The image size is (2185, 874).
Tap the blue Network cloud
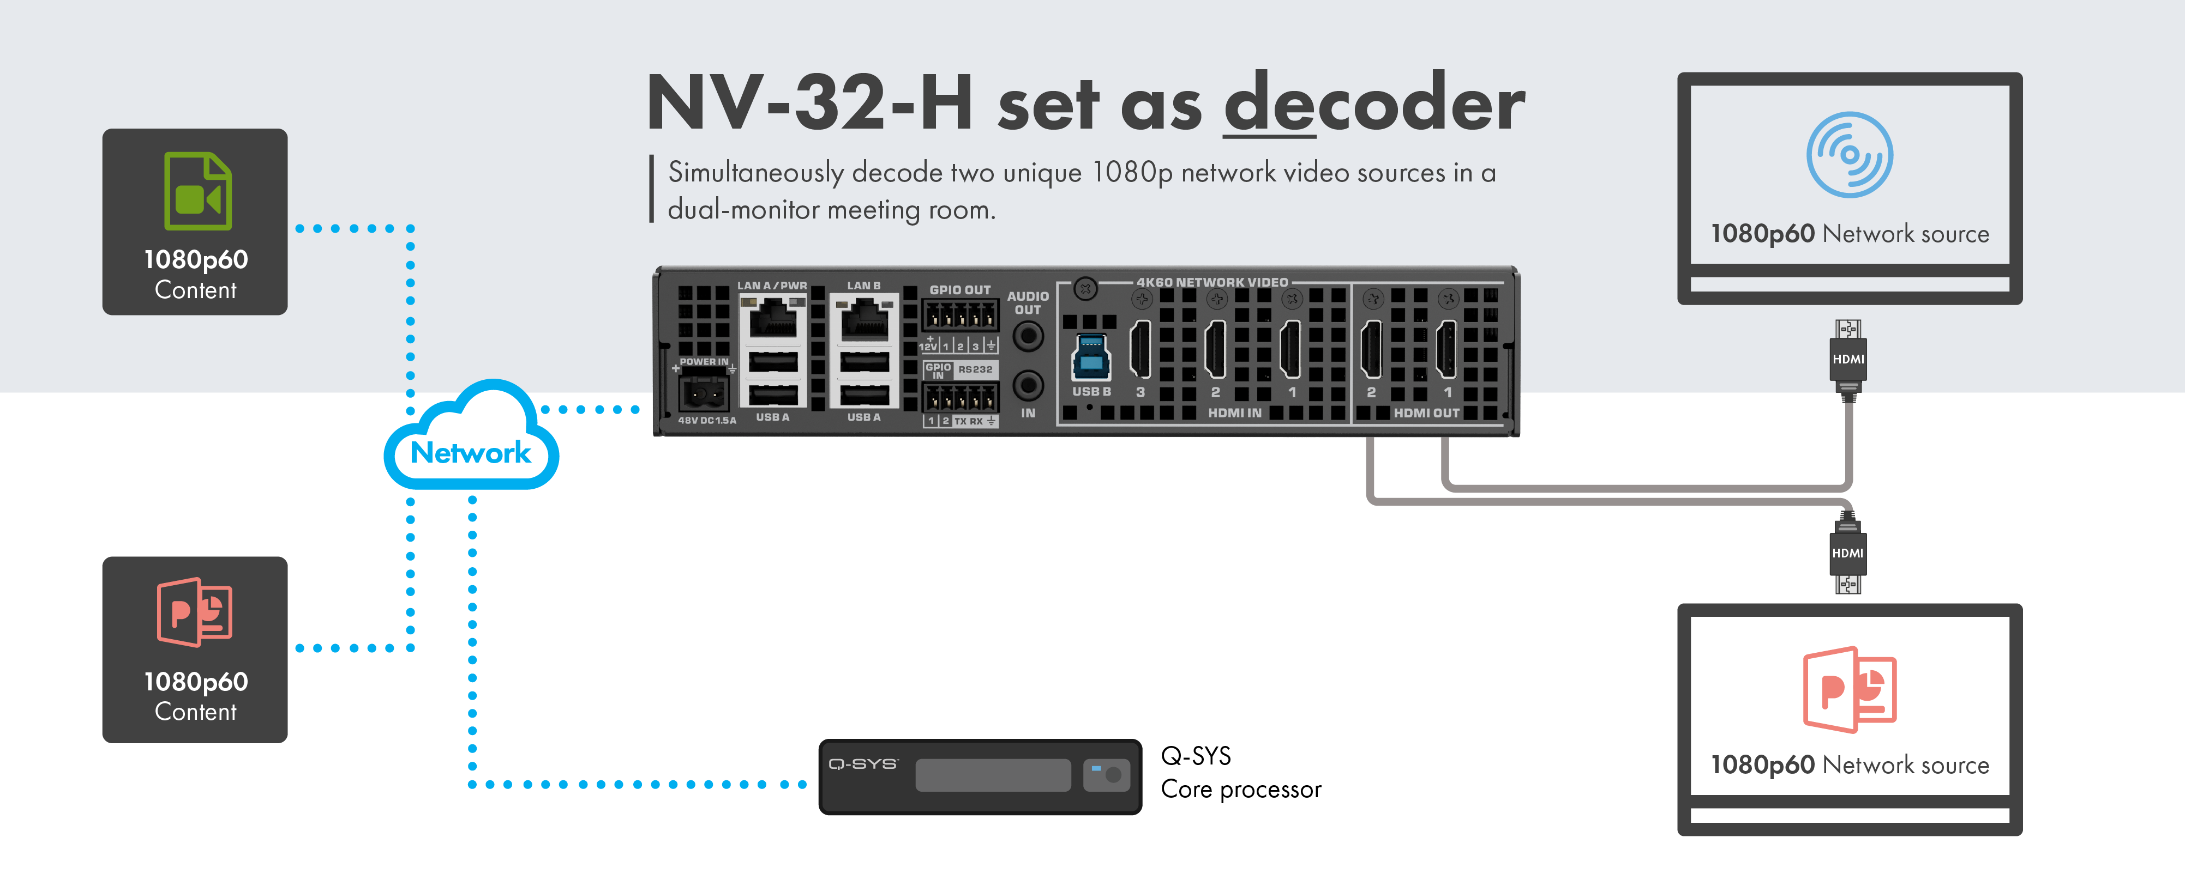pyautogui.click(x=471, y=441)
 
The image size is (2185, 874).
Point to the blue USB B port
pyautogui.click(x=1091, y=355)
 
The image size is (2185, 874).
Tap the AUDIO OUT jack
pyautogui.click(x=1028, y=337)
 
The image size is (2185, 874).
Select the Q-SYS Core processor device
pyautogui.click(x=980, y=776)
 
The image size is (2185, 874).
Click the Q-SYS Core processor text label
pyautogui.click(x=1240, y=772)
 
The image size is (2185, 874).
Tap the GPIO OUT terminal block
pyautogui.click(x=960, y=317)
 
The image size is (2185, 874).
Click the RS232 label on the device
pyautogui.click(x=975, y=369)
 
